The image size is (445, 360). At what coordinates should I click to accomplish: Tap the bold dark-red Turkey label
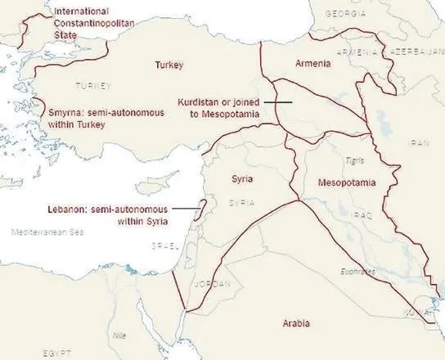[x=169, y=65]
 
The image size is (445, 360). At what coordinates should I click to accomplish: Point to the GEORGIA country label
[x=346, y=14]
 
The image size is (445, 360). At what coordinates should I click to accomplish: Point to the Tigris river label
[x=354, y=160]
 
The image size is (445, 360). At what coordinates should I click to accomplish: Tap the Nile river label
[x=119, y=335]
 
